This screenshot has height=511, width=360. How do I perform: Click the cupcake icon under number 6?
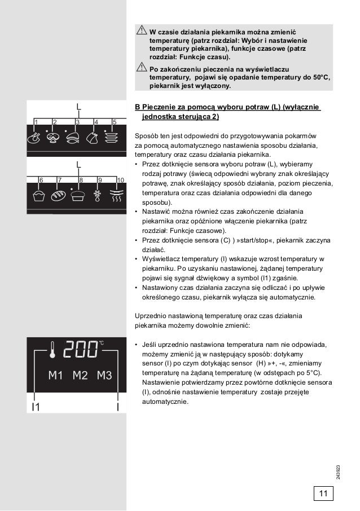[39, 195]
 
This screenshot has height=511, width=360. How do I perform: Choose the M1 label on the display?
[54, 376]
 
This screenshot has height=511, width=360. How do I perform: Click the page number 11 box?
[323, 494]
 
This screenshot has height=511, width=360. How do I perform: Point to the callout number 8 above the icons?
[81, 179]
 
